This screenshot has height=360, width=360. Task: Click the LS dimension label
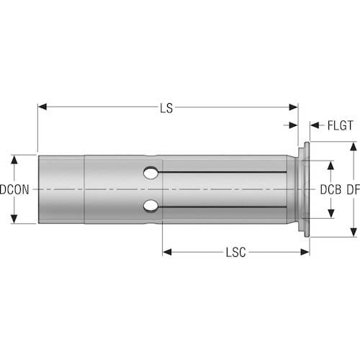click(166, 108)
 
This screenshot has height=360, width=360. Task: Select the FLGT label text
click(340, 125)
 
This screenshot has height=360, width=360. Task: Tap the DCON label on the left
click(14, 189)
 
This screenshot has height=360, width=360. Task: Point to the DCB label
click(330, 190)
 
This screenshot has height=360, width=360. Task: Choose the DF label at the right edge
click(354, 190)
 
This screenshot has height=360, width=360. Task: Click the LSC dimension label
click(236, 253)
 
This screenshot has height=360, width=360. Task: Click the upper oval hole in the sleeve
click(150, 173)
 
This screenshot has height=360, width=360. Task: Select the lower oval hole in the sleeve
click(150, 206)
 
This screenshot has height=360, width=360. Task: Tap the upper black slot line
click(222, 172)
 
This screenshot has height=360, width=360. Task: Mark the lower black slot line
click(222, 207)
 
